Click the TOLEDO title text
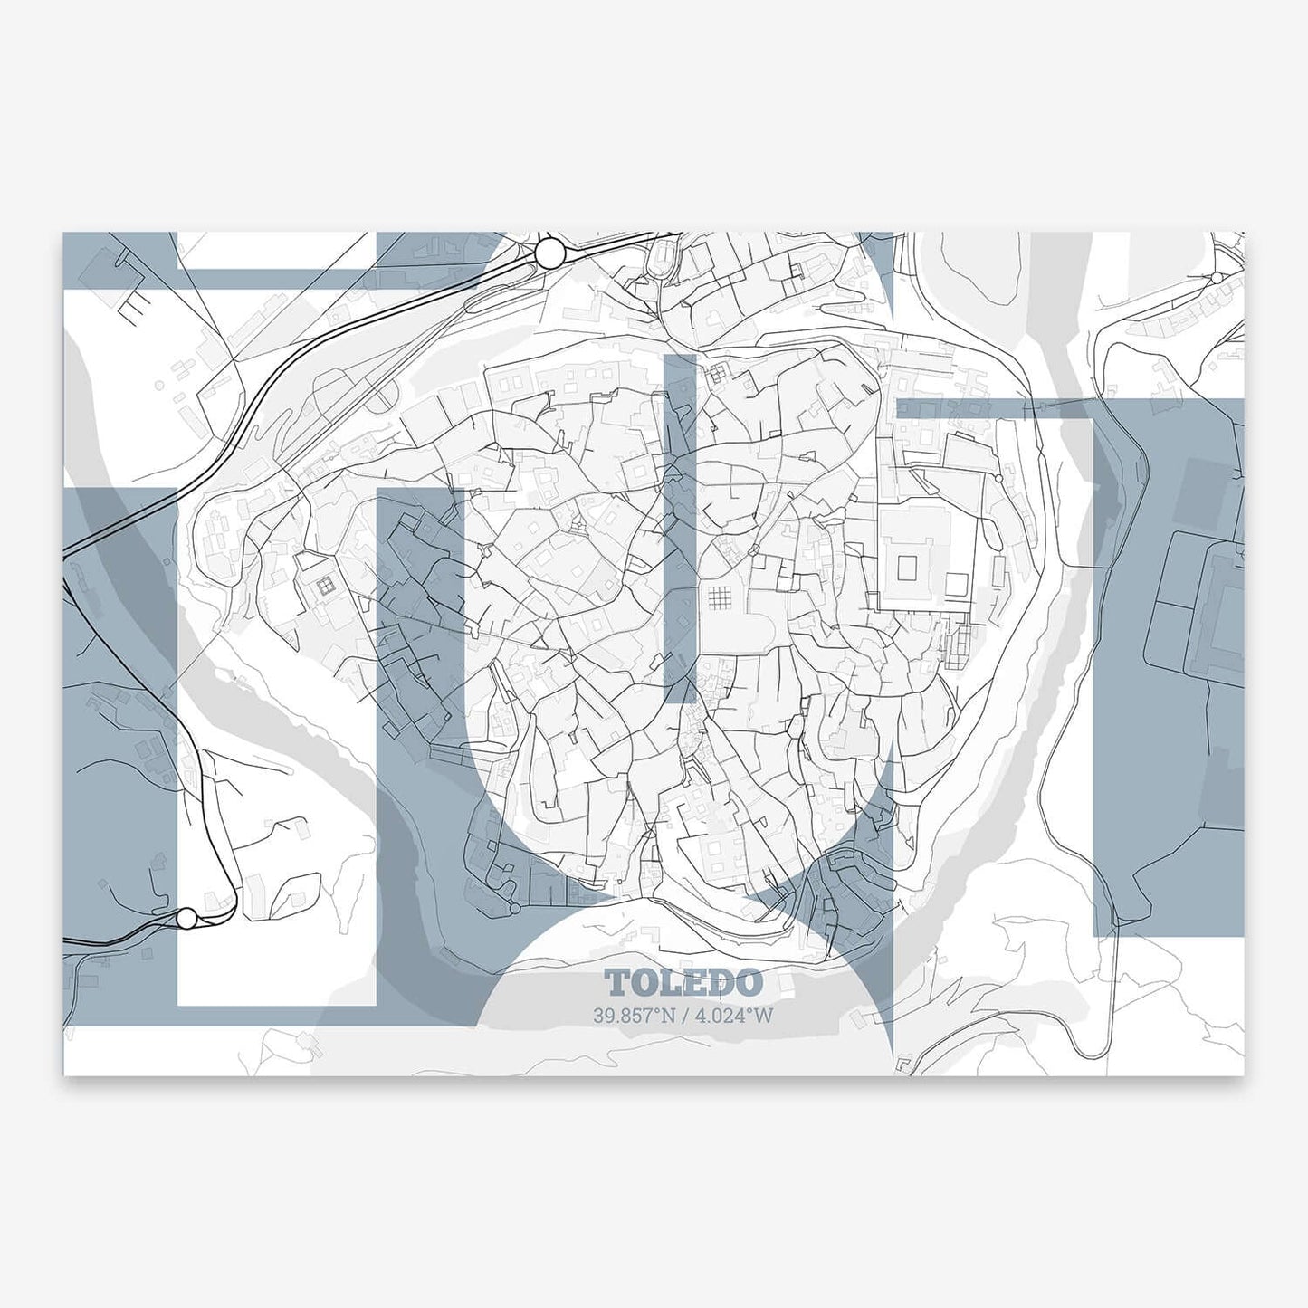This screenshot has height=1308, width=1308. (x=683, y=983)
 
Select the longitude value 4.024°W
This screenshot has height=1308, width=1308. (x=733, y=1016)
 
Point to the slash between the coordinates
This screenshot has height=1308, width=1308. (x=683, y=1016)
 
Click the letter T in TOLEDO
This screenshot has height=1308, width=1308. (x=617, y=983)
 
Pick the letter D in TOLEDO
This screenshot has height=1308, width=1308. (x=721, y=983)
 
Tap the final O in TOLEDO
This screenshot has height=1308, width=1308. (x=749, y=983)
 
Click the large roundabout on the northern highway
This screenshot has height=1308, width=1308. (x=549, y=253)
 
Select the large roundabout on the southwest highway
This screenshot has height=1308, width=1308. (x=186, y=919)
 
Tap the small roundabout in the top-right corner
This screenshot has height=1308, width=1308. (x=1217, y=277)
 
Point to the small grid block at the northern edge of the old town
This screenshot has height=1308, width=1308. (x=719, y=372)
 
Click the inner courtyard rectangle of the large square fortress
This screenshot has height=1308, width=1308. (x=907, y=568)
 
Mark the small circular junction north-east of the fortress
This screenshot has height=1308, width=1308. (x=998, y=478)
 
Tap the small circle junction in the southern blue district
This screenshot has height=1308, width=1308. (x=514, y=907)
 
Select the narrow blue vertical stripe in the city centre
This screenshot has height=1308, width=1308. (x=680, y=525)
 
